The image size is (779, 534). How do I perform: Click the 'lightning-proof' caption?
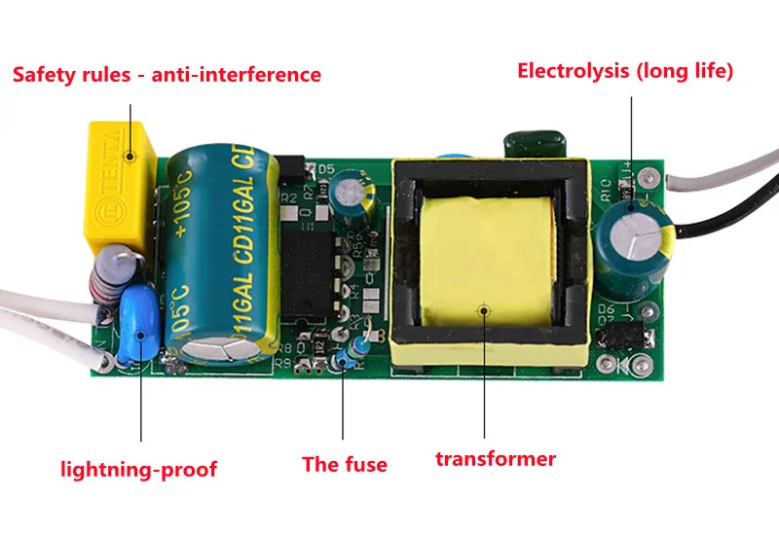[x=139, y=470]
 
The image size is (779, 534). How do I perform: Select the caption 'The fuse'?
[x=344, y=464]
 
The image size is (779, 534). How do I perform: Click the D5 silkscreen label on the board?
[x=326, y=169]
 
